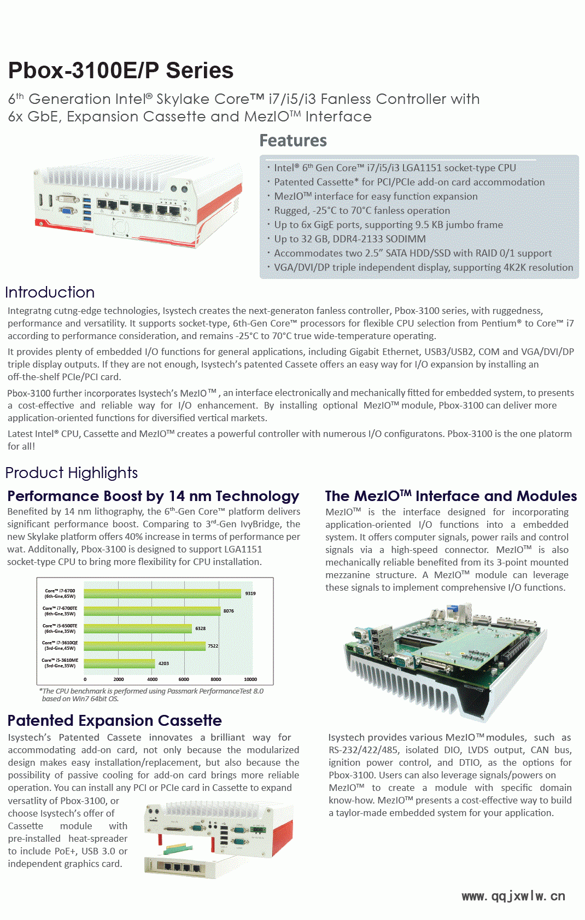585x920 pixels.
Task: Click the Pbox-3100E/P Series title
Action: pos(121,71)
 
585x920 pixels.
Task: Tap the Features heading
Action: pos(293,141)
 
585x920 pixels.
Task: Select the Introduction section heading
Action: pos(50,292)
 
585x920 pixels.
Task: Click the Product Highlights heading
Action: pos(72,473)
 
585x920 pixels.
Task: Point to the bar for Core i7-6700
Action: pos(162,593)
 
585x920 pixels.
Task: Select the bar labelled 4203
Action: pos(119,663)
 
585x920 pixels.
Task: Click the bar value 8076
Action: pos(229,611)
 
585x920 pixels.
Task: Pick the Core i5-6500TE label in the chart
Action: pos(60,628)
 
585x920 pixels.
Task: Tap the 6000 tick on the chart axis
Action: pos(184,679)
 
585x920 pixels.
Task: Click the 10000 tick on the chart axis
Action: pos(250,679)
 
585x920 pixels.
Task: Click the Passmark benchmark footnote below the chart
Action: pos(151,695)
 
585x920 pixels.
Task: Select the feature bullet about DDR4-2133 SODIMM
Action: pos(350,239)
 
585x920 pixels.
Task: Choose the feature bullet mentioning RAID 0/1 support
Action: pos(413,253)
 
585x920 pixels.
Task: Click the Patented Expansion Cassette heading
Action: pos(115,720)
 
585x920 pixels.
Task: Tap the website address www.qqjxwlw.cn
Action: pos(513,896)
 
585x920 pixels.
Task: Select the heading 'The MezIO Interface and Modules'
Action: pos(451,496)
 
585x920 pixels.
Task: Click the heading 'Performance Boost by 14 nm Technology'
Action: pos(153,496)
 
